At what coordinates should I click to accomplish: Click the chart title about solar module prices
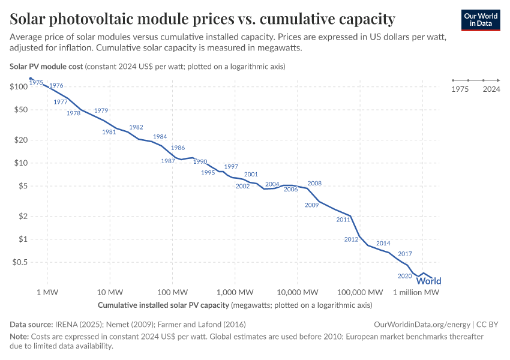pos(202,19)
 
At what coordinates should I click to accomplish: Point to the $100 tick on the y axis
pos(19,86)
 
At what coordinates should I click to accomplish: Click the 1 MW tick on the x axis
pos(47,292)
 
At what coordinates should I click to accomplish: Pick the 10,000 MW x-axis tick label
pos(298,292)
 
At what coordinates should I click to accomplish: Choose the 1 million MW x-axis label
pos(416,292)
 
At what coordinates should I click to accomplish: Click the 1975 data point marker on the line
pos(31,79)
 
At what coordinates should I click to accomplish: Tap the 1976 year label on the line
pos(56,86)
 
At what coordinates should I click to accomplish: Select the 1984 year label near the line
pos(160,137)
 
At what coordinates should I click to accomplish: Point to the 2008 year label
pos(314,184)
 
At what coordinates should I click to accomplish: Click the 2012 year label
pos(351,239)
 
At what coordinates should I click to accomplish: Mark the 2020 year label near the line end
pos(404,276)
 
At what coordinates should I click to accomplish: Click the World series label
pos(428,281)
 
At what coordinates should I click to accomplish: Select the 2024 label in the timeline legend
pos(491,89)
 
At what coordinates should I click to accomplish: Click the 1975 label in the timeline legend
pos(460,89)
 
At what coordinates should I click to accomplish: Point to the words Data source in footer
pos(31,324)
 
